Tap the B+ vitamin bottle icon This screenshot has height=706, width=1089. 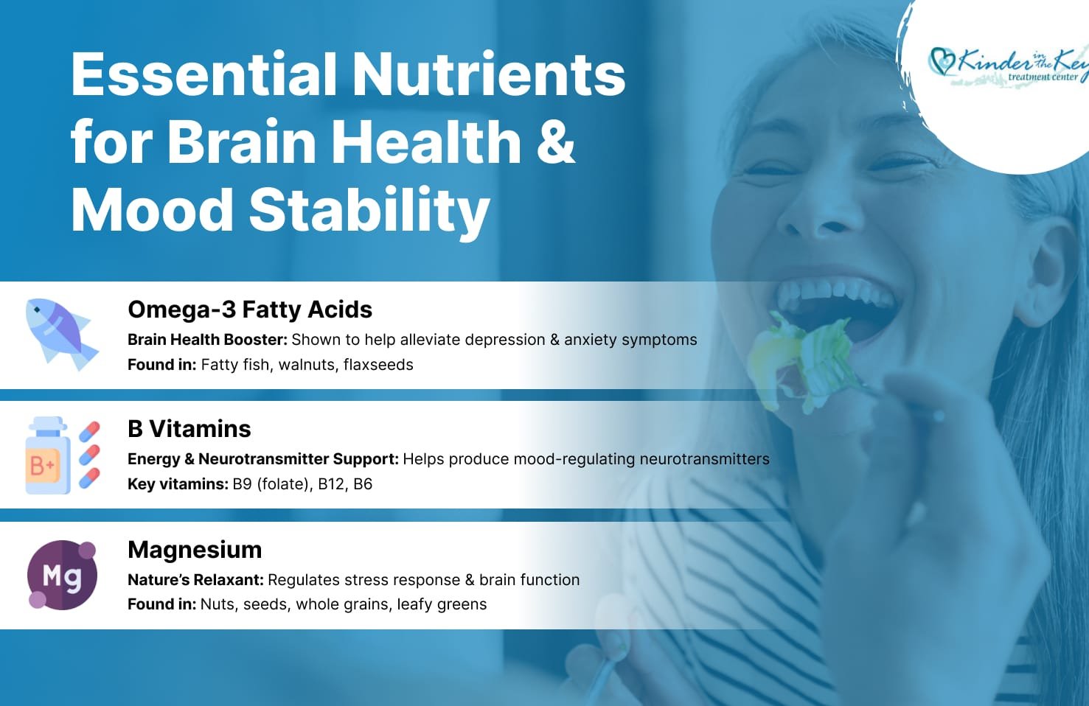click(x=47, y=455)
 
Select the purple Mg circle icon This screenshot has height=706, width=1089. click(x=62, y=575)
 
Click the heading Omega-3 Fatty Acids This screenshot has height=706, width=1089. click(x=250, y=310)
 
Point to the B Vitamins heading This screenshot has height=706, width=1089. click(x=189, y=429)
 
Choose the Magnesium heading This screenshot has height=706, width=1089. click(x=195, y=550)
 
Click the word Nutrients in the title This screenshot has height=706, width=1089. click(x=488, y=74)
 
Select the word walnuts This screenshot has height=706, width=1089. click(x=308, y=364)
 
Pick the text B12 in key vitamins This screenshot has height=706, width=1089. click(x=331, y=484)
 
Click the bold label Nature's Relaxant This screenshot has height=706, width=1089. click(x=195, y=580)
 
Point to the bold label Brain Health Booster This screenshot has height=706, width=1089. click(x=208, y=339)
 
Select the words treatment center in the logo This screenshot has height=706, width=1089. click(x=1043, y=77)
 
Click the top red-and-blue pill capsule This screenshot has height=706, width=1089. click(x=89, y=431)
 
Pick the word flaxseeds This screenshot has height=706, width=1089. click(x=378, y=364)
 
